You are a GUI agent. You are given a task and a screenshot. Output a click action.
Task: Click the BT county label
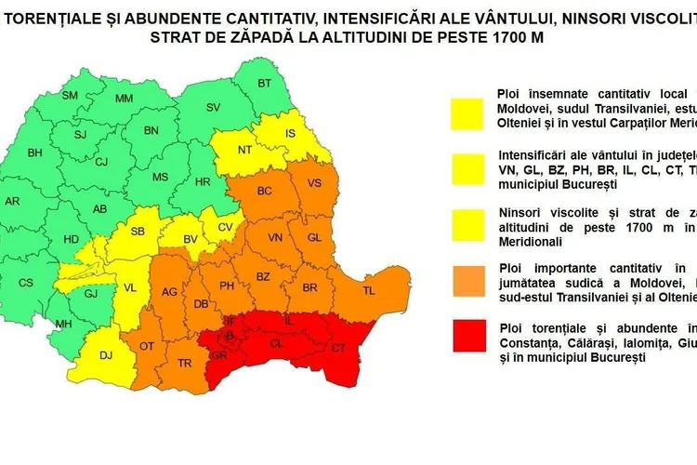(265, 84)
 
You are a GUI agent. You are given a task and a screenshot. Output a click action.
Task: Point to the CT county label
(338, 347)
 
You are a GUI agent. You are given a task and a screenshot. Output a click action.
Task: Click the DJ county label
(105, 353)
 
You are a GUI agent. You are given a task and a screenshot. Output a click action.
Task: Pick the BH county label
(35, 153)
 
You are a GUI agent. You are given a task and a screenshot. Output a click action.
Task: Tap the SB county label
(138, 232)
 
